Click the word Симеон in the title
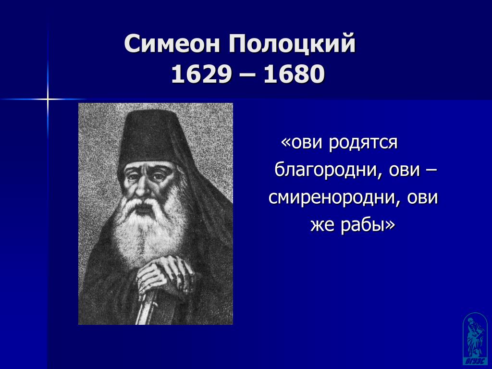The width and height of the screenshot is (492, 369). [x=172, y=43]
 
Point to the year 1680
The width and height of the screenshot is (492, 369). [x=294, y=74]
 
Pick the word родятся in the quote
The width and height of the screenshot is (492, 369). [x=363, y=143]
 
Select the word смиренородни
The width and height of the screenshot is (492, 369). [x=334, y=198]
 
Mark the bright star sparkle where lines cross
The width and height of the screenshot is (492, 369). [x=48, y=99]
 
